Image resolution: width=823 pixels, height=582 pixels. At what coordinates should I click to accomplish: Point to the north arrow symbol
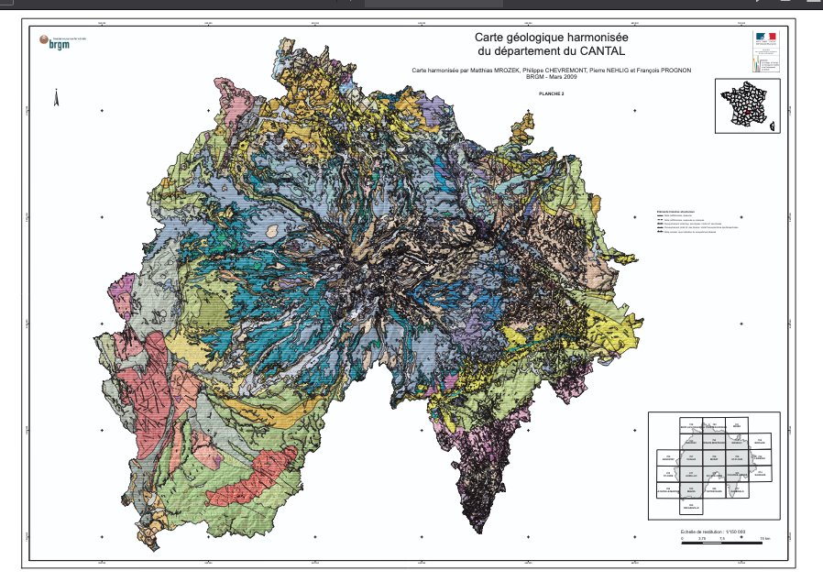57,96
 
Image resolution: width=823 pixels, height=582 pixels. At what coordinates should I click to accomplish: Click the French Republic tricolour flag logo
765,38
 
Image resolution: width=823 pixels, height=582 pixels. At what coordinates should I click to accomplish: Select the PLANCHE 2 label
552,93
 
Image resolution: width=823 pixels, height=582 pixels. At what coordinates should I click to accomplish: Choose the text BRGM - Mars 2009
552,77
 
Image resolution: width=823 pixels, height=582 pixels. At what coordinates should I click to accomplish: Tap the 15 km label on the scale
764,538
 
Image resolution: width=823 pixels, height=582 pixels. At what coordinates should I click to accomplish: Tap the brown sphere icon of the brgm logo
42,39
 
